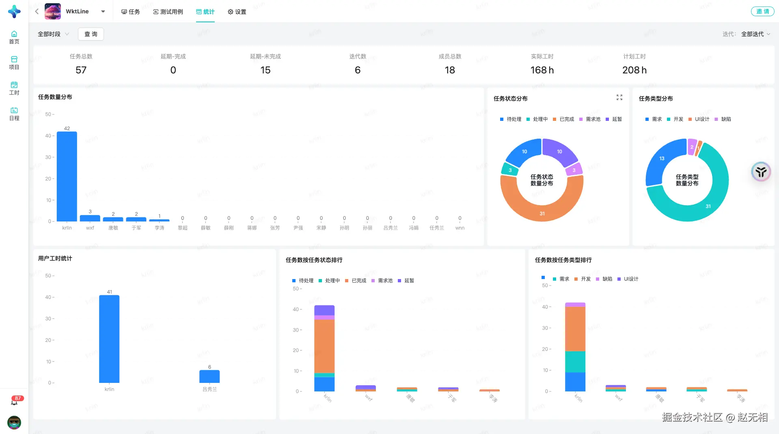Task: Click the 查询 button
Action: click(x=91, y=34)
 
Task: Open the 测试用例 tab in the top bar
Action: click(x=168, y=12)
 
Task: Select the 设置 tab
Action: click(x=237, y=12)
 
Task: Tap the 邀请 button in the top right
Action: click(x=762, y=11)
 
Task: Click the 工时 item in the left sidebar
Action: click(x=14, y=88)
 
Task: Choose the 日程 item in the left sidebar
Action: click(x=14, y=114)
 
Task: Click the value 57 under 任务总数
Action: click(x=81, y=70)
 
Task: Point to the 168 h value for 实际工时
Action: click(x=542, y=70)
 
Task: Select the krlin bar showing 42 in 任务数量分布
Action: click(x=67, y=176)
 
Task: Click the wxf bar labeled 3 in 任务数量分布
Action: click(x=90, y=218)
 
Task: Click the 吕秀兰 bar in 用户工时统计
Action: click(x=209, y=376)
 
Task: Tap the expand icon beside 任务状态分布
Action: click(x=619, y=97)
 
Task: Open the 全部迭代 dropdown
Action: click(x=755, y=34)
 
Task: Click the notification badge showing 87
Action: click(x=17, y=399)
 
